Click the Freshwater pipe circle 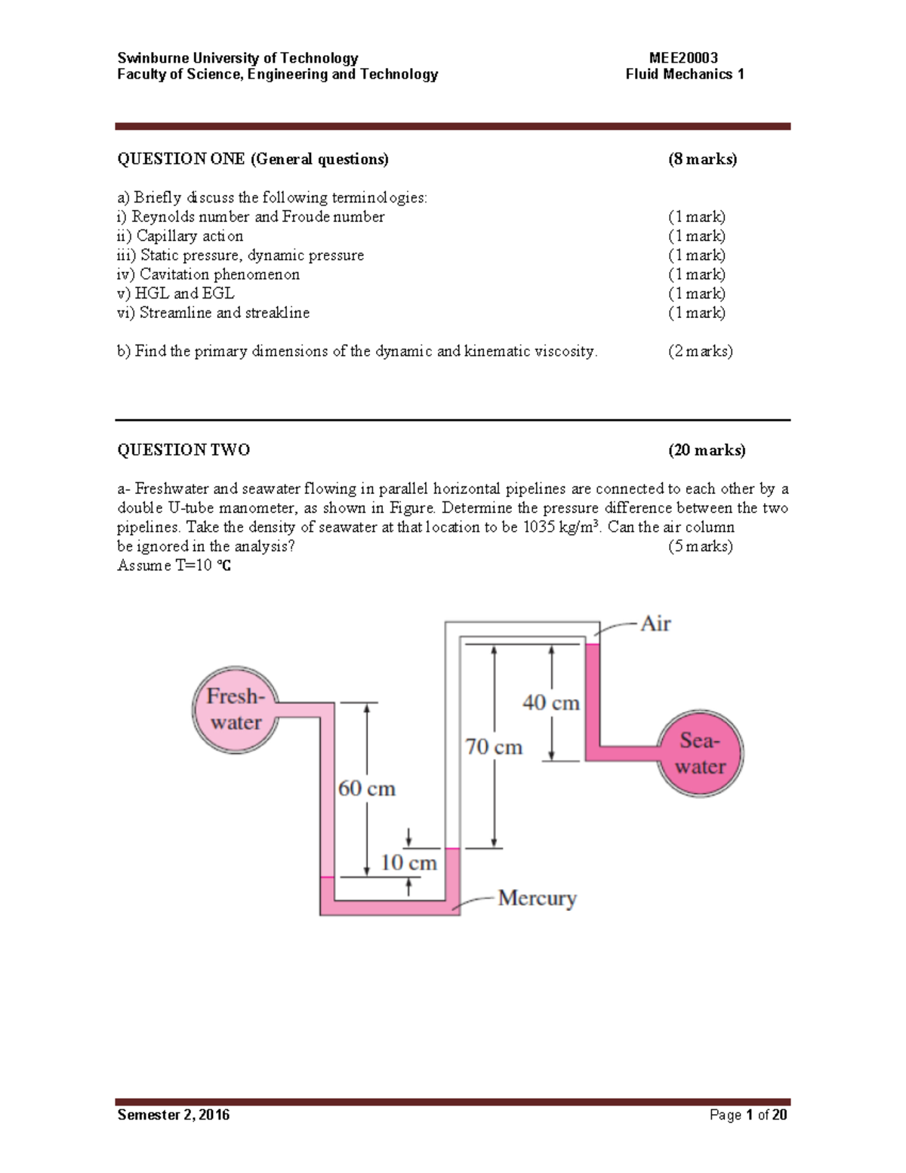point(236,709)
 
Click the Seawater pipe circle point(700,753)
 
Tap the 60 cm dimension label point(366,789)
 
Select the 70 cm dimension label point(494,747)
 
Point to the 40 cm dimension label point(551,702)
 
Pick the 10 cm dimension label point(408,863)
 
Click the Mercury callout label point(537,898)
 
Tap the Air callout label point(655,624)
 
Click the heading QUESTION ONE point(181,159)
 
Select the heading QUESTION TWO point(183,450)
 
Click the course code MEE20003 point(683,58)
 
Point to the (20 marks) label point(707,450)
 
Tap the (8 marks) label point(702,159)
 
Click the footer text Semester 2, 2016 point(174,1115)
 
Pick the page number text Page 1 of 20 point(748,1115)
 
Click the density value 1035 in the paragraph point(538,527)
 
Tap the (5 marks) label point(700,546)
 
